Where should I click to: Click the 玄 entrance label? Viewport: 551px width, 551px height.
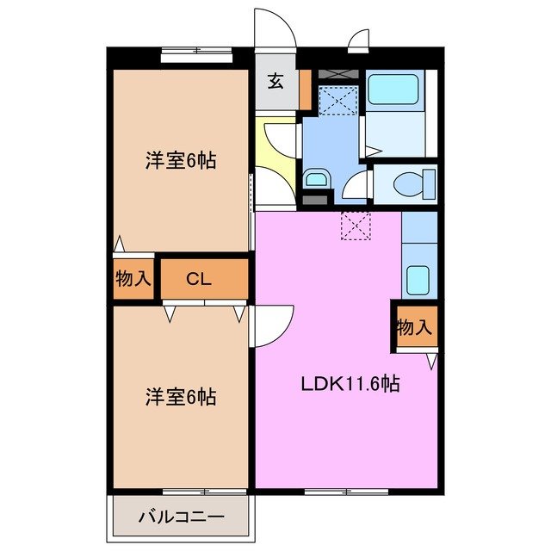275,82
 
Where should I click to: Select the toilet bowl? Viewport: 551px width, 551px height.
408,183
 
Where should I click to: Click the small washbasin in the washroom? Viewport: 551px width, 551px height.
315,179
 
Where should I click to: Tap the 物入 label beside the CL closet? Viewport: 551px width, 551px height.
133,279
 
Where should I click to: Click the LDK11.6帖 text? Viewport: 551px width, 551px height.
349,384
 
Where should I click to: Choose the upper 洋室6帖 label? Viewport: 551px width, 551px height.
180,160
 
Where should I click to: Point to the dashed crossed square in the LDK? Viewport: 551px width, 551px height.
355,226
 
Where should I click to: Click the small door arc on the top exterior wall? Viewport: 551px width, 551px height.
359,39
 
